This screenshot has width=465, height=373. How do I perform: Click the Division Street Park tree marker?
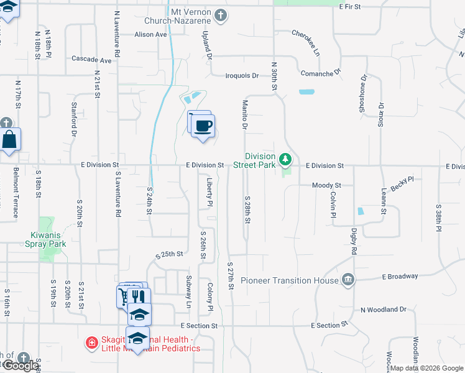tap(285, 160)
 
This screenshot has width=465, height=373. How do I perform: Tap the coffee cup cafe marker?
tap(203, 126)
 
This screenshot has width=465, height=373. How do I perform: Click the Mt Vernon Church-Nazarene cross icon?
tap(220, 14)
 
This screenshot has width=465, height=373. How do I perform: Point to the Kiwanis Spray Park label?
tap(48, 239)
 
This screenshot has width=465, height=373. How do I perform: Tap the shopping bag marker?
tap(11, 140)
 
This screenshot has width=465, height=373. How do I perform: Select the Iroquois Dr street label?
tap(242, 76)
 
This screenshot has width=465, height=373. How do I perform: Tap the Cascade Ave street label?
tap(91, 60)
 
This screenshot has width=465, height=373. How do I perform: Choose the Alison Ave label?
tap(151, 34)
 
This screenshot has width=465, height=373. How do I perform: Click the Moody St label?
tap(326, 185)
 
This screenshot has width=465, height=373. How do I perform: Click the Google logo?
tap(20, 366)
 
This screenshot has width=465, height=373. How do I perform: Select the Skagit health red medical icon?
tap(91, 343)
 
